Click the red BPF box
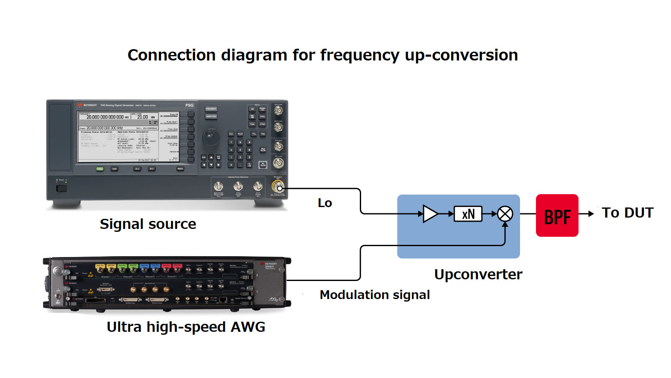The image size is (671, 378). [x=557, y=215]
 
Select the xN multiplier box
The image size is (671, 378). [x=468, y=214]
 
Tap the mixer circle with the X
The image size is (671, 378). [x=505, y=214]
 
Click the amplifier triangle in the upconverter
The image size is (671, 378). [x=430, y=214]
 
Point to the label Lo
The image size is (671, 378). [x=325, y=203]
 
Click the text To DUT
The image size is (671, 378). [x=627, y=213]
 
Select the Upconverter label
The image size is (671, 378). [x=478, y=275]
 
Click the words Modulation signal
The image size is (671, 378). [x=375, y=295]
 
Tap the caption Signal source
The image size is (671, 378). [x=148, y=224]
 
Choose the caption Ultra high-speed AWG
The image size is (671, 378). [x=186, y=327]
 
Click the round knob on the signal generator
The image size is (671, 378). [x=211, y=136]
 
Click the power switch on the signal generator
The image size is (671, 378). [x=62, y=188]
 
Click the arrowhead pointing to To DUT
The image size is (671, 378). [x=591, y=214]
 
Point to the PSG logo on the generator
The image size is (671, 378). [x=190, y=105]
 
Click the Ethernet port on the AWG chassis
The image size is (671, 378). [x=223, y=299]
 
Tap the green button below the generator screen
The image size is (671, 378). [x=100, y=169]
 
